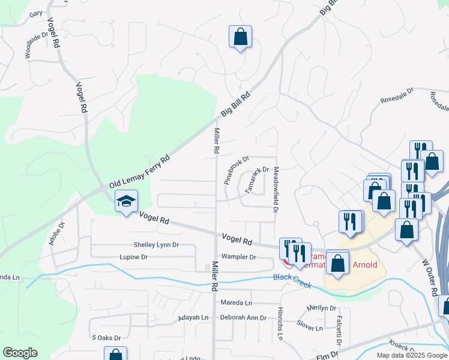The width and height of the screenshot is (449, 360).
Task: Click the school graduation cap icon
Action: (x=126, y=202)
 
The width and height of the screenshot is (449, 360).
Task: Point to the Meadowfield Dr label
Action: (x=276, y=190)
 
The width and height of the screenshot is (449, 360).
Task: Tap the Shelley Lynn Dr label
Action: (x=156, y=245)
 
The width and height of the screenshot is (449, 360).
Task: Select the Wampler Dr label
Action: (x=239, y=257)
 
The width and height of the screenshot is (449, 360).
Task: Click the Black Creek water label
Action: (x=292, y=280)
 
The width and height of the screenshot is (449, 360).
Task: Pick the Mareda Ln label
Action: (x=236, y=302)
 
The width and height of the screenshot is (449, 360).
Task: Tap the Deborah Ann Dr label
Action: (x=243, y=317)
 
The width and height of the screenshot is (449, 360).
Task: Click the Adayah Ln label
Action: (x=193, y=317)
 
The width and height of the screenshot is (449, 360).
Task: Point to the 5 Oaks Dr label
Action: (x=106, y=338)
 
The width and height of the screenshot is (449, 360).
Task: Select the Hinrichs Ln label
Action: (x=280, y=325)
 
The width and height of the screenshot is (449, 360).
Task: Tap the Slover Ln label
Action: (x=310, y=328)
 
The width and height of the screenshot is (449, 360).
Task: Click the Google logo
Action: (x=20, y=353)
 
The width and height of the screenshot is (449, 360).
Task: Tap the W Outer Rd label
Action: (x=429, y=277)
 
